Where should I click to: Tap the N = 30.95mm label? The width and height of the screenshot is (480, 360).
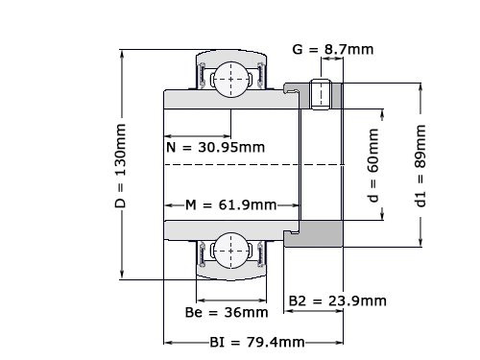[x=209, y=148]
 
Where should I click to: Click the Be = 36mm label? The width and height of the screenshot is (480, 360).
[x=226, y=312]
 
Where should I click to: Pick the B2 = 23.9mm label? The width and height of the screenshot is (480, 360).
[x=338, y=300]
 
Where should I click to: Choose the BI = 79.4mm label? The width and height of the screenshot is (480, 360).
[x=257, y=342]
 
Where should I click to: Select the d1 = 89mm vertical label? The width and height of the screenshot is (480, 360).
[x=420, y=163]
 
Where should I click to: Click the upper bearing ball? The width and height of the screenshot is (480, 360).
[x=230, y=76]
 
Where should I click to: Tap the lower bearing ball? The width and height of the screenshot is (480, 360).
[x=230, y=252]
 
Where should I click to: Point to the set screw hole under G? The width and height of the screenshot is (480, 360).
[x=324, y=93]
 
